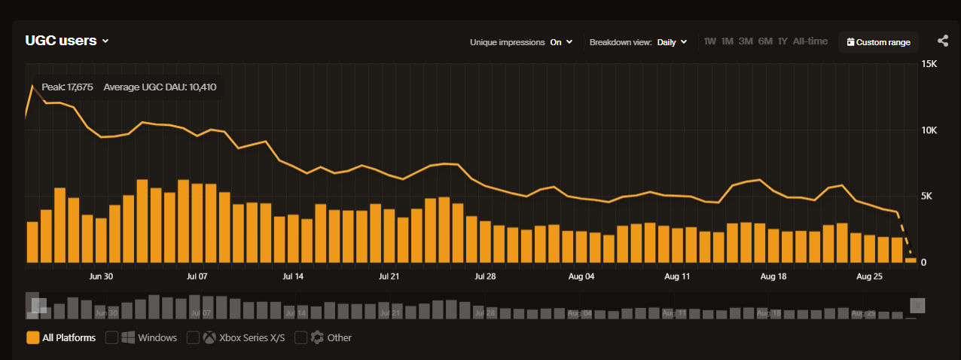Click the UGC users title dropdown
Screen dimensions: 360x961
(x=67, y=41)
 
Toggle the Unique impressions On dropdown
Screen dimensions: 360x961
(x=561, y=42)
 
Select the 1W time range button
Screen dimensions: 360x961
(x=709, y=41)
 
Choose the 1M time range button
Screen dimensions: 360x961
(x=727, y=41)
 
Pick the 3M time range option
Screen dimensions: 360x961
(x=746, y=41)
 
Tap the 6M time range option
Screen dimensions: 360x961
(x=765, y=41)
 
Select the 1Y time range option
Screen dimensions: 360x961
(x=783, y=41)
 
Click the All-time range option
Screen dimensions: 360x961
(x=810, y=41)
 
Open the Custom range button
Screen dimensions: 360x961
(x=878, y=42)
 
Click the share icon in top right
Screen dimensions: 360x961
(x=943, y=41)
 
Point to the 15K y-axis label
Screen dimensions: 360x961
(x=929, y=64)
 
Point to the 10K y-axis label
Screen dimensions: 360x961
(x=929, y=130)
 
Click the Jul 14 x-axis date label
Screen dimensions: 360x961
(x=293, y=276)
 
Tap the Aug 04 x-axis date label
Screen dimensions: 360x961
(x=581, y=276)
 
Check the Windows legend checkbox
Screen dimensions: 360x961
(x=112, y=337)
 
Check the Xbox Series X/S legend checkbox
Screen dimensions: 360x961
(x=193, y=337)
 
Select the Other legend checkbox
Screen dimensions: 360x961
(x=301, y=337)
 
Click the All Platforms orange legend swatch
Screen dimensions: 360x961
(x=32, y=337)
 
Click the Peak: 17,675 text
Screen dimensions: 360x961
(x=67, y=87)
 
